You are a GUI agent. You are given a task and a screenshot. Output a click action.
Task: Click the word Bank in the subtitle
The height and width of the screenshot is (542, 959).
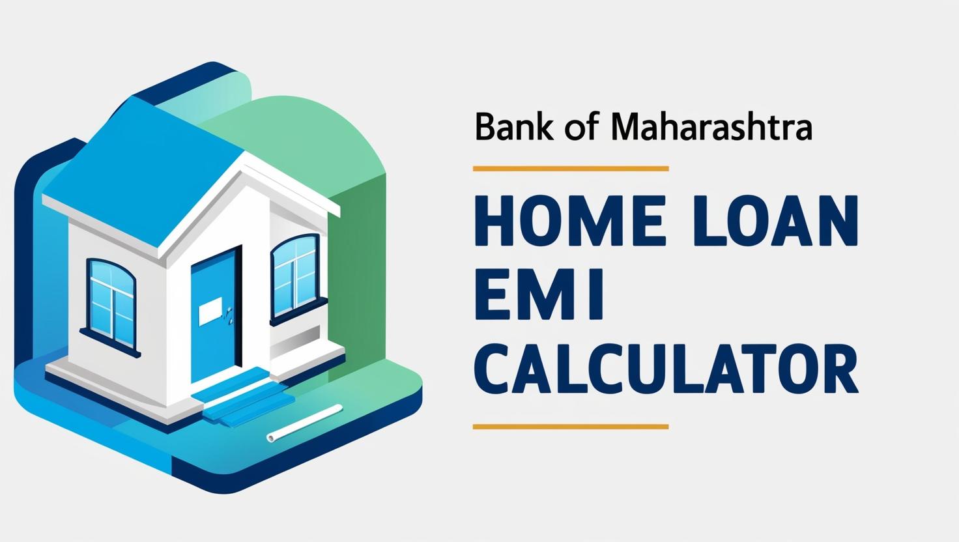[506, 128]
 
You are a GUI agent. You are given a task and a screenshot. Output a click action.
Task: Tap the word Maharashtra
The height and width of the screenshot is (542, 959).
[711, 128]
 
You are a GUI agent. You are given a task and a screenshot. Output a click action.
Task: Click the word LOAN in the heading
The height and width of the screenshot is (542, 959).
[774, 223]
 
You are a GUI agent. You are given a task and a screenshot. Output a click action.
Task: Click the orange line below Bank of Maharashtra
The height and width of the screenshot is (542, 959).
[570, 169]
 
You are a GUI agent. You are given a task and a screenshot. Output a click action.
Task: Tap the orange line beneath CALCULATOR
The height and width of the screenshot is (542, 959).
[570, 427]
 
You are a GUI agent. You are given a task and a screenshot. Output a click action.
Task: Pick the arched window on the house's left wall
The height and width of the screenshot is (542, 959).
[111, 297]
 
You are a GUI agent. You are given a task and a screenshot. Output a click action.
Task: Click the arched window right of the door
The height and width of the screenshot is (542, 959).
[294, 276]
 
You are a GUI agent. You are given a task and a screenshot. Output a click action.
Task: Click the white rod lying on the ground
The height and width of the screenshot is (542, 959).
[304, 423]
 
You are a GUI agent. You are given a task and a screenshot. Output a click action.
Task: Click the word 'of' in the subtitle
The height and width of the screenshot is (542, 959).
[578, 128]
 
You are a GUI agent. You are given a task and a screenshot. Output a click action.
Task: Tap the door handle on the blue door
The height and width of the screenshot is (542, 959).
[228, 317]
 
